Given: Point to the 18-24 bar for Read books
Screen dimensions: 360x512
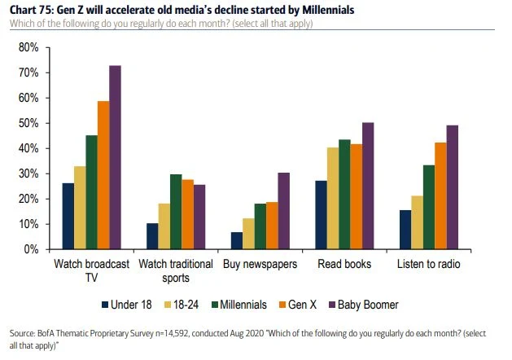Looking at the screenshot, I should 332,198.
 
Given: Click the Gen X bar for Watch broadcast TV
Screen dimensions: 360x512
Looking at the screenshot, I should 103,175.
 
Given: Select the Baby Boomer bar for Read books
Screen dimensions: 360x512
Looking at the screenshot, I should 367,186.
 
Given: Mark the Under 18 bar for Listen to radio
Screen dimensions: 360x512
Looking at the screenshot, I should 405,230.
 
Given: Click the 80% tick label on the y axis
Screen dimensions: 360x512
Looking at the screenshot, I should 28,48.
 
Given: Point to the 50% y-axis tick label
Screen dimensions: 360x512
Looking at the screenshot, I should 28,124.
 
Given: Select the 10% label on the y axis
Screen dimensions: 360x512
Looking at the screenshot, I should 28,224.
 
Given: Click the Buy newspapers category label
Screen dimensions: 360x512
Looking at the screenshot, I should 260,265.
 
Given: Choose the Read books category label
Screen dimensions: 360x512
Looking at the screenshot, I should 344,265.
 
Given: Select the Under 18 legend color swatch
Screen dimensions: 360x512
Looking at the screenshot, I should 104,305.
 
